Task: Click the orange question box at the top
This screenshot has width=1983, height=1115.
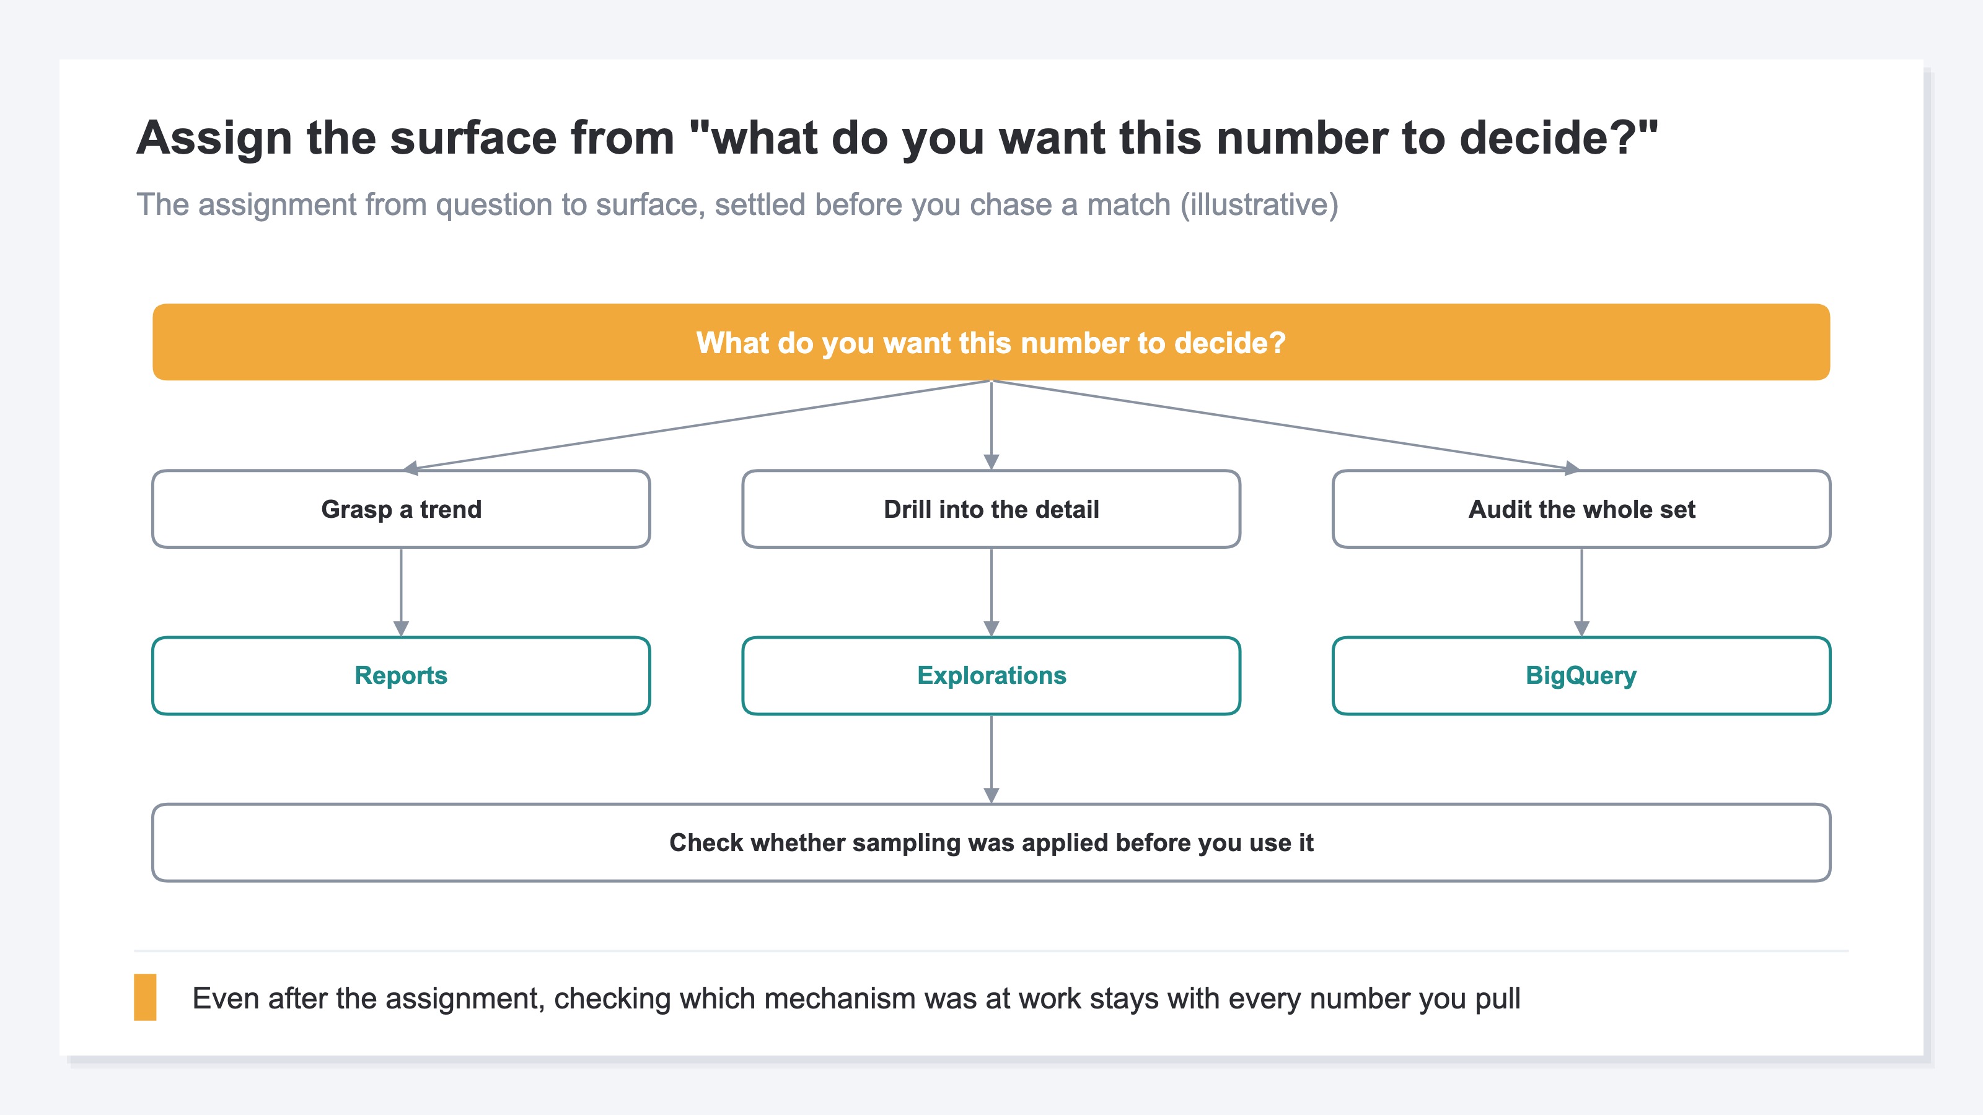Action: click(991, 342)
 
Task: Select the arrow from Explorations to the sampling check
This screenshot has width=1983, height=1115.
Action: click(991, 759)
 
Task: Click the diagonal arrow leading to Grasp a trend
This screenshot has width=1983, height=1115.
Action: click(697, 425)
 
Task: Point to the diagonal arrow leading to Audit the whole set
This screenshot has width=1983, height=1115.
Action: click(1286, 425)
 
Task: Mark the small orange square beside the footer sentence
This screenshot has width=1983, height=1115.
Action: click(145, 997)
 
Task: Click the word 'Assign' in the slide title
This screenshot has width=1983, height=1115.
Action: click(214, 139)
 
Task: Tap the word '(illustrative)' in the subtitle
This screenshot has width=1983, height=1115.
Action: click(1259, 204)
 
